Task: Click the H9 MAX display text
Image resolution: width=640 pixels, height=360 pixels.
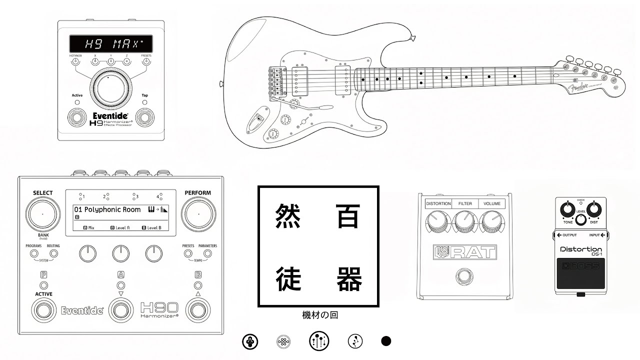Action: [x=111, y=43]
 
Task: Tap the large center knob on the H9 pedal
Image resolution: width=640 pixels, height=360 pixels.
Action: [x=111, y=87]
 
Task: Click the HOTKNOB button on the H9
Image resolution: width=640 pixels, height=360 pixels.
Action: [x=75, y=61]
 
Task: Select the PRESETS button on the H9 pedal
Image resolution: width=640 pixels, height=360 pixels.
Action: [x=146, y=61]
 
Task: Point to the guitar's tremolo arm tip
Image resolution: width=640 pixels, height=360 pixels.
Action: [x=326, y=106]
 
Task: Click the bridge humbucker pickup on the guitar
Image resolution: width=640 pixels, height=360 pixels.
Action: [x=299, y=79]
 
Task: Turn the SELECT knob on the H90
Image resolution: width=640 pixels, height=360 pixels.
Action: [x=42, y=214]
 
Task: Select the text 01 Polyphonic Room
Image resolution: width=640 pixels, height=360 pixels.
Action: [x=104, y=209]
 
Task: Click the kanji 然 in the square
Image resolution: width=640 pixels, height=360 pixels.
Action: [x=289, y=216]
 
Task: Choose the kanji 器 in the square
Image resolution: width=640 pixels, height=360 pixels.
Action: [x=348, y=279]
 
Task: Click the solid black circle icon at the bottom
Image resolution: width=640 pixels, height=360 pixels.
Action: [x=386, y=341]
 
